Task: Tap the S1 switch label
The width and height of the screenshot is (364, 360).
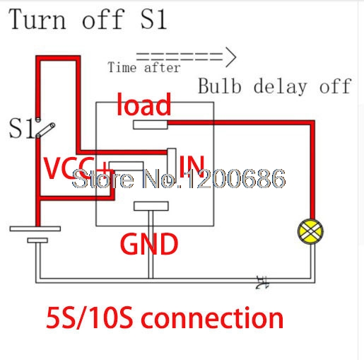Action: pyautogui.click(x=21, y=129)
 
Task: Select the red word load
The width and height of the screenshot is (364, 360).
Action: pyautogui.click(x=143, y=105)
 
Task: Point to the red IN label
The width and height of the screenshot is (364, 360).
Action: pyautogui.click(x=192, y=165)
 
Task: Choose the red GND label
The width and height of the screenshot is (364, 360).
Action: pyautogui.click(x=148, y=244)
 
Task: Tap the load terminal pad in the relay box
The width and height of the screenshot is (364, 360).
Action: pyautogui.click(x=148, y=125)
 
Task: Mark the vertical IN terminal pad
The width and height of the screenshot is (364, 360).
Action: pyautogui.click(x=170, y=161)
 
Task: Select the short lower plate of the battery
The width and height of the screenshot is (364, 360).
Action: pyautogui.click(x=37, y=240)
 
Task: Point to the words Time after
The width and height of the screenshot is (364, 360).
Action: pyautogui.click(x=143, y=68)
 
